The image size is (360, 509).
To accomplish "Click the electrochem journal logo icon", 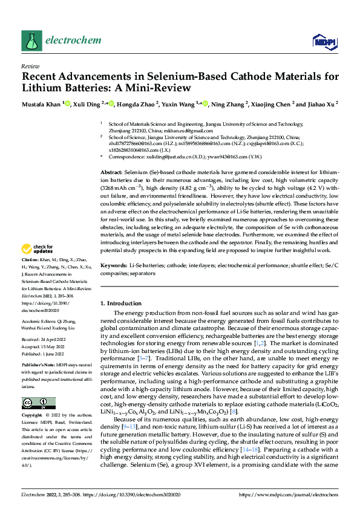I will (x=31, y=40).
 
